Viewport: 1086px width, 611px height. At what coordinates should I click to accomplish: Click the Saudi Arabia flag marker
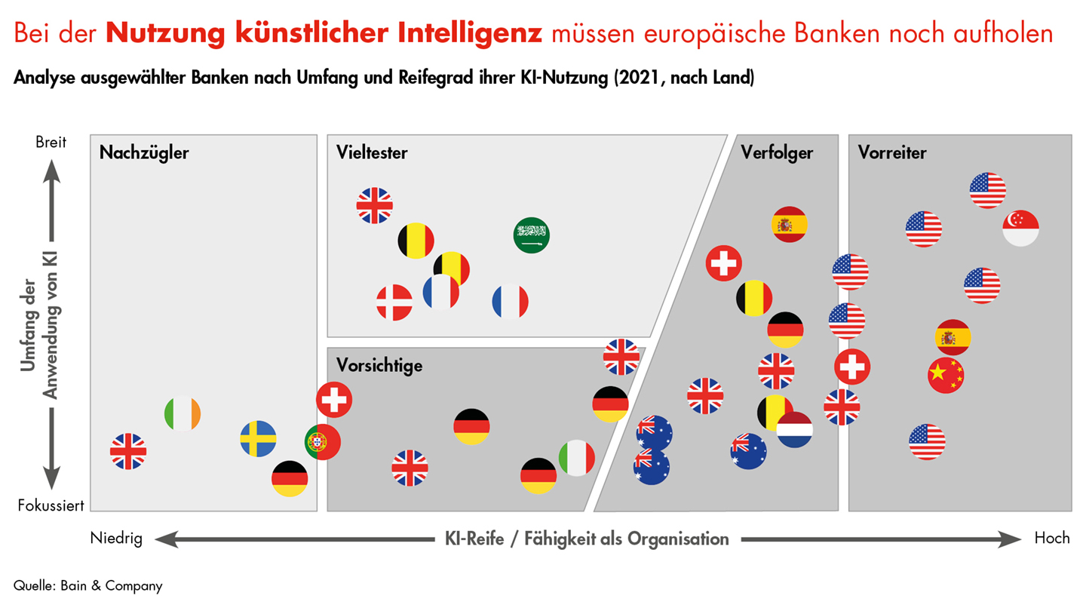click(x=532, y=235)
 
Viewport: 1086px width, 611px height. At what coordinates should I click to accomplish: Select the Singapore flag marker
click(x=1021, y=228)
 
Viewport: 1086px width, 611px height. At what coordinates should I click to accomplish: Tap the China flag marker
click(x=946, y=375)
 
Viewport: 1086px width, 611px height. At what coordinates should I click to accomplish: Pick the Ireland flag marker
click(x=183, y=413)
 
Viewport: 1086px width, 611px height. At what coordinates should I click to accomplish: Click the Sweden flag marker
click(x=259, y=439)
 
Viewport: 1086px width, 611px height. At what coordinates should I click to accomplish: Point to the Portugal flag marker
click(x=323, y=442)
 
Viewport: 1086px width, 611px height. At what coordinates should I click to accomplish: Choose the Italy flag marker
click(x=577, y=458)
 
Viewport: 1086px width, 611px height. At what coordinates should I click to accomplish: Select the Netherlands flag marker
click(x=795, y=430)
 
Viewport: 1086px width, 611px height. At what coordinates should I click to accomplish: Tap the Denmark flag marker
click(x=394, y=302)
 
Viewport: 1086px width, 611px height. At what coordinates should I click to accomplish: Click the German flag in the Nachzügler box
click(x=290, y=478)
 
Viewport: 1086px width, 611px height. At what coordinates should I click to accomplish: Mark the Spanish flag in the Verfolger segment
click(x=790, y=224)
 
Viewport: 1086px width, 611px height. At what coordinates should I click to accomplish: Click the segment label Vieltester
click(x=372, y=153)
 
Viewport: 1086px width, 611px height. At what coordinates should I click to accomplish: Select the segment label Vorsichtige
click(x=379, y=366)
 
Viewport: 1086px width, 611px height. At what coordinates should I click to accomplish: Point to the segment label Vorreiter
click(x=891, y=153)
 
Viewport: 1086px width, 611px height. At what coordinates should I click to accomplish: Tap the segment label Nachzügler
click(x=144, y=153)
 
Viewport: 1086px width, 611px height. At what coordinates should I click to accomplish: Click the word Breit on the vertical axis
click(x=51, y=142)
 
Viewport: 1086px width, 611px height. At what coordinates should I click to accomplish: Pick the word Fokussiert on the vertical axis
click(x=51, y=505)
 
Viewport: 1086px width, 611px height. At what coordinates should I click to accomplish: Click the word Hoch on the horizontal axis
click(x=1051, y=539)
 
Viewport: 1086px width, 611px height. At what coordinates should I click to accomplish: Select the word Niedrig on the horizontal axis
click(x=116, y=539)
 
